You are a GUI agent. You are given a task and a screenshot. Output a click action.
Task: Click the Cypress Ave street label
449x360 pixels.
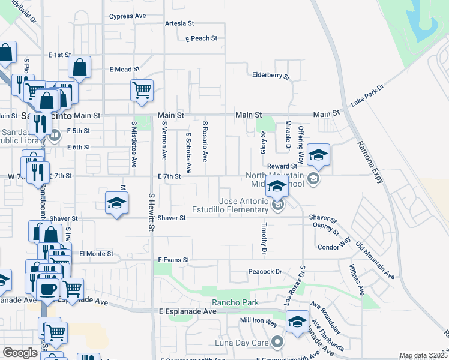click(x=128, y=16)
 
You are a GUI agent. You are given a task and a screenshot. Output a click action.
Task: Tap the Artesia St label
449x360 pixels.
click(x=180, y=24)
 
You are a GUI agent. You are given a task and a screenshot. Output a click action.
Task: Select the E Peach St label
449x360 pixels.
click(x=201, y=38)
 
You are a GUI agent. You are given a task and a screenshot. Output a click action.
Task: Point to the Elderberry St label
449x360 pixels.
click(x=271, y=77)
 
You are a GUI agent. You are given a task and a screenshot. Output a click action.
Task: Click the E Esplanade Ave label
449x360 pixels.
click(x=187, y=312)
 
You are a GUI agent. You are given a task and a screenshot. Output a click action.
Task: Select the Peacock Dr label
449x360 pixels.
click(x=265, y=272)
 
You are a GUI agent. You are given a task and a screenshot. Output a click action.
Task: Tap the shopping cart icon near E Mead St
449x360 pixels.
click(x=142, y=91)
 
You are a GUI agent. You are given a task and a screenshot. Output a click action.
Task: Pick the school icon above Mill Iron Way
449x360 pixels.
click(x=297, y=322)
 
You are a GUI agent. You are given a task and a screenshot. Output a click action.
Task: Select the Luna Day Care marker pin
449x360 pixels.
click(x=277, y=343)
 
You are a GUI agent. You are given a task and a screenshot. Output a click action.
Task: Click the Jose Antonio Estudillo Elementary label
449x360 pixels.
click(x=243, y=206)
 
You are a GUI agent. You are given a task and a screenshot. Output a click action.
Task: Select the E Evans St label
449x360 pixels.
click(x=173, y=260)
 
